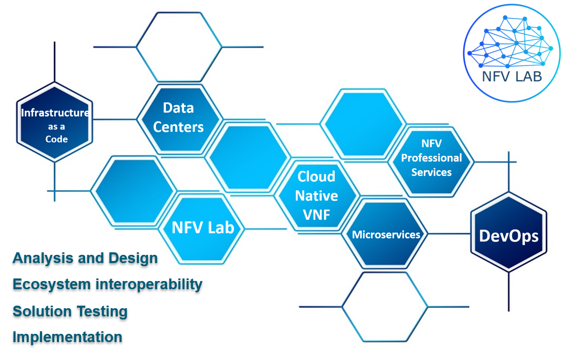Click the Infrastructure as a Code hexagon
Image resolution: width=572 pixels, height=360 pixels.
click(x=55, y=122)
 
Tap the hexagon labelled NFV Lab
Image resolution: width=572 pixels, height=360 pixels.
click(x=202, y=229)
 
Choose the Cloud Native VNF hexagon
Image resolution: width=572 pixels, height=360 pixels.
click(x=317, y=195)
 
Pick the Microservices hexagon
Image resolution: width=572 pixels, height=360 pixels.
click(x=385, y=234)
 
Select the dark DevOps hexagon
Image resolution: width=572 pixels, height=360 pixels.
click(x=509, y=232)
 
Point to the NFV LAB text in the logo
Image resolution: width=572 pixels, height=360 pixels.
click(x=512, y=77)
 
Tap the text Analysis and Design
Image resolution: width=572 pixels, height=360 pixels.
click(x=85, y=258)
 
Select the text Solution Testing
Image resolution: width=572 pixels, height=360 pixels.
click(x=70, y=311)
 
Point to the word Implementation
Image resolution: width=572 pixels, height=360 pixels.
click(x=68, y=337)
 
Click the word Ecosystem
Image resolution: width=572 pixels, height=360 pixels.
click(x=51, y=285)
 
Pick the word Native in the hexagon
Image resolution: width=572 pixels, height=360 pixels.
click(x=317, y=196)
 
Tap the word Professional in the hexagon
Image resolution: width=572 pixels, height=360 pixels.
click(x=432, y=158)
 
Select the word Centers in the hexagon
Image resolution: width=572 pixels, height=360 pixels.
click(x=178, y=127)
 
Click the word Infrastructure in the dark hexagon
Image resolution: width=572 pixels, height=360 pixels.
click(x=55, y=113)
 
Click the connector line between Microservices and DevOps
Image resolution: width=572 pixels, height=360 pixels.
click(x=449, y=234)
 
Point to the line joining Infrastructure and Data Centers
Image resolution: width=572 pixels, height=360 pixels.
click(x=115, y=119)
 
